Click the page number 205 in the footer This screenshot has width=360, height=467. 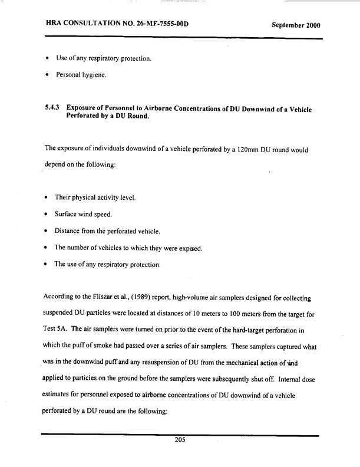[180, 446]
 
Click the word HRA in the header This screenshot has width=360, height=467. [55, 25]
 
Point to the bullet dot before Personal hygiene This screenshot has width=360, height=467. [47, 76]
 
